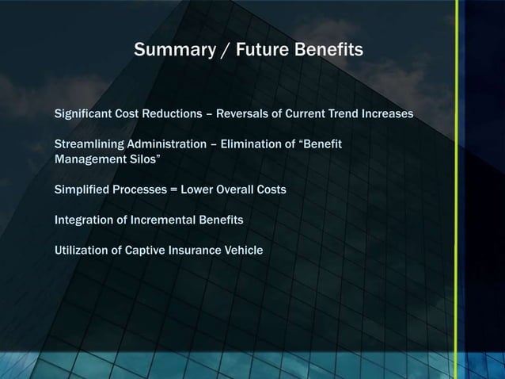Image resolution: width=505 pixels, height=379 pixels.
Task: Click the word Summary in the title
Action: tap(167, 51)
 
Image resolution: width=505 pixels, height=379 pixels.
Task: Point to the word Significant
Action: tap(83, 114)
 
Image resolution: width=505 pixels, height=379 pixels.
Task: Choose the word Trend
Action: tap(344, 114)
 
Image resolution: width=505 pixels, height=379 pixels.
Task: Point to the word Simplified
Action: tap(81, 190)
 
